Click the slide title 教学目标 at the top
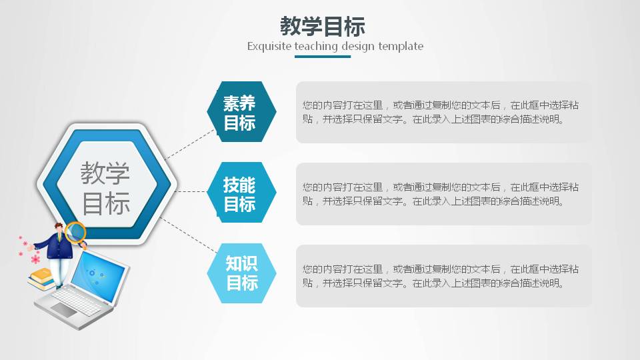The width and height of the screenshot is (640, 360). pos(322,27)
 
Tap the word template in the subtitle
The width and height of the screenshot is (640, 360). pos(401,47)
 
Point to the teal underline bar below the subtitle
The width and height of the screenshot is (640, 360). pos(322,57)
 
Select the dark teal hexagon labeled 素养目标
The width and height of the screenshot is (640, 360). pos(239,112)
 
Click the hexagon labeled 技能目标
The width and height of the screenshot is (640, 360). pos(239,193)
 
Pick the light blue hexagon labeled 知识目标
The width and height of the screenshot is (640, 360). pos(241,273)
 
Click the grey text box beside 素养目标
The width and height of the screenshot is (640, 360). pos(443,112)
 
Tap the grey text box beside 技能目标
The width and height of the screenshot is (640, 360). pos(443,193)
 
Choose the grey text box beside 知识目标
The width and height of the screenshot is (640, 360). pos(443,275)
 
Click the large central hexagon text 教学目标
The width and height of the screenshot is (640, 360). pos(105,187)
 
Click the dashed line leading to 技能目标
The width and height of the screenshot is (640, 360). pos(193,191)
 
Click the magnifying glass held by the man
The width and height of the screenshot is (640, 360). pos(76,232)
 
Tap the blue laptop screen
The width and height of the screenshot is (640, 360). pos(98,275)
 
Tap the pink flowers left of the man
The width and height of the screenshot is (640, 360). pos(28,249)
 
